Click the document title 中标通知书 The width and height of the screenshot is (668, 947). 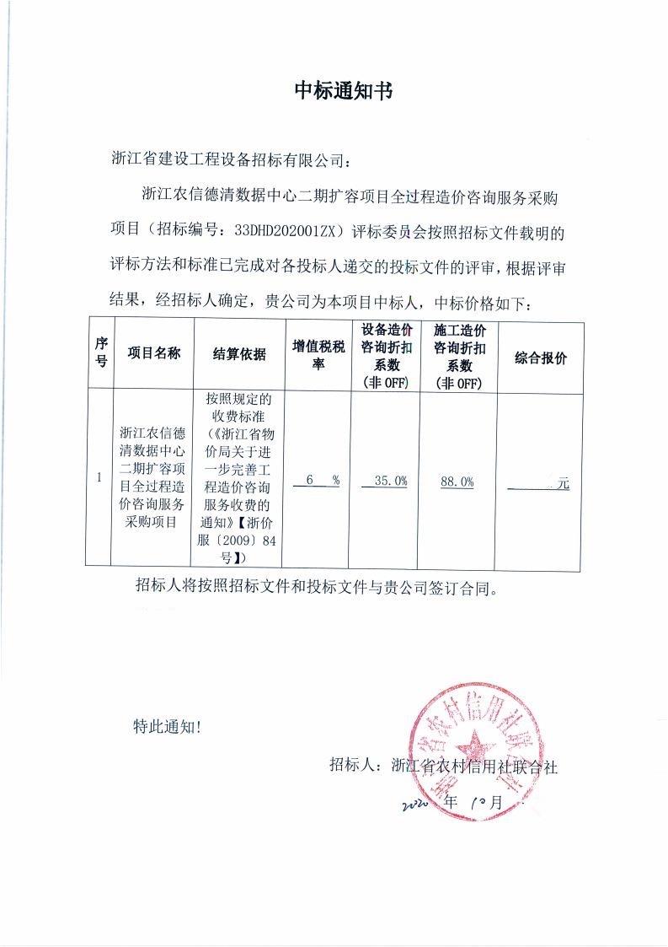pos(343,92)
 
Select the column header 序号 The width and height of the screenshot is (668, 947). pos(101,352)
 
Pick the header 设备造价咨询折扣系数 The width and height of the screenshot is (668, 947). pos(385,355)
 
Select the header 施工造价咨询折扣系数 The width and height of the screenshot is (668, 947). pos(458,355)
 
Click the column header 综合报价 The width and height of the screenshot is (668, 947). pos(541,358)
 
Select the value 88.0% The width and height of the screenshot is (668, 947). pos(457,482)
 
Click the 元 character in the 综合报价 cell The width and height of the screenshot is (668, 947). pos(564,484)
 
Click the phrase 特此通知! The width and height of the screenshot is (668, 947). pos(168,725)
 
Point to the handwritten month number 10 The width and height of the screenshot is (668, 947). pos(487,803)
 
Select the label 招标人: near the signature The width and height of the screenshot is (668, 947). pos(358,767)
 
